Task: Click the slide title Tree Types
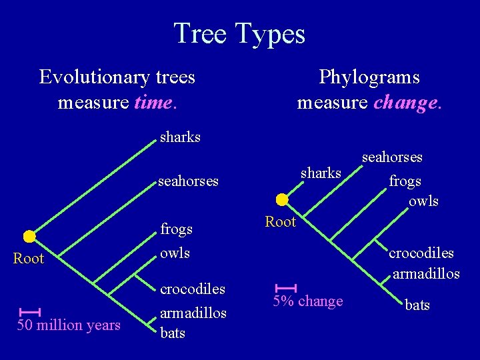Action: tap(239, 33)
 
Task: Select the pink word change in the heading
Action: tap(408, 103)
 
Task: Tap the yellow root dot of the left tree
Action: tap(29, 236)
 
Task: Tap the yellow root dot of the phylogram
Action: tap(282, 199)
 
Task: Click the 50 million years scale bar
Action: tap(30, 311)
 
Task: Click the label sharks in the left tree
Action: tap(180, 137)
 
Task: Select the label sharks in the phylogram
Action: tap(321, 173)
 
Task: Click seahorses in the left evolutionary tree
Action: tap(188, 181)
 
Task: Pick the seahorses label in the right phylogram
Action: tap(392, 157)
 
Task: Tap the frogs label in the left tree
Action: tap(176, 229)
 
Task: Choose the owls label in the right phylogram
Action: tap(424, 201)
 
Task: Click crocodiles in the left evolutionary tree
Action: tap(193, 290)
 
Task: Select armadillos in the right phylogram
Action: tap(426, 273)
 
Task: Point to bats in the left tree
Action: tap(173, 333)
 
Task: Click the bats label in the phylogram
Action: tap(417, 305)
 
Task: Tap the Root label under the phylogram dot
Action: tap(280, 222)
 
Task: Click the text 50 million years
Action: tap(69, 325)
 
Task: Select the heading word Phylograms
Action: tap(369, 77)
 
